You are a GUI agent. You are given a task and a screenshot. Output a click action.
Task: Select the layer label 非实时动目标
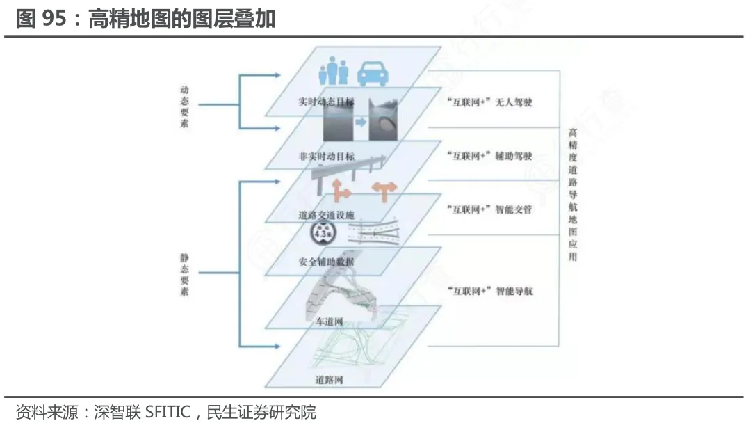coord(326,157)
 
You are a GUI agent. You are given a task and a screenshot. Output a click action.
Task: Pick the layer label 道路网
coord(329,381)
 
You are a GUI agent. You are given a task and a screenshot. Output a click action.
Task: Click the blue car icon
coord(373,72)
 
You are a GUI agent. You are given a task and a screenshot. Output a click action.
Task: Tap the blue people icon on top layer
coord(333,71)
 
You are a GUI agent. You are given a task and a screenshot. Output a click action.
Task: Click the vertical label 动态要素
coord(185,106)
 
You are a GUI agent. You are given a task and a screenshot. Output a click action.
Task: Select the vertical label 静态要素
coord(185,275)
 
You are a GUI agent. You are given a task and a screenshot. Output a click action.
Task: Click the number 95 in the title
coord(54,19)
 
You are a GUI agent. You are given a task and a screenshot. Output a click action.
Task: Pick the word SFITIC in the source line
coord(167,413)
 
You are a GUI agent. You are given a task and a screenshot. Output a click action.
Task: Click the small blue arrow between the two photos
coord(360,122)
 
